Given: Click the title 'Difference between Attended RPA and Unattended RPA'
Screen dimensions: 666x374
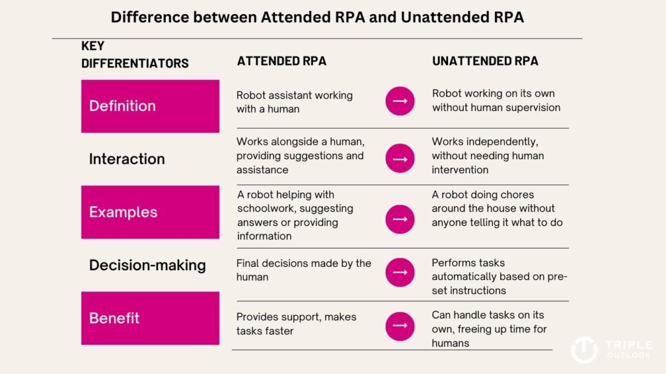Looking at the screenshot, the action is click(x=317, y=18).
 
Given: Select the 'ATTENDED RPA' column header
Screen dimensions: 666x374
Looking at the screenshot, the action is click(x=282, y=61).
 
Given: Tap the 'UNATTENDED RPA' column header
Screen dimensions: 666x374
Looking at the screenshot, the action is click(x=485, y=61).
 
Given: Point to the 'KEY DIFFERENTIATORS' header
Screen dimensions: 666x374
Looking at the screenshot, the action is click(x=135, y=55).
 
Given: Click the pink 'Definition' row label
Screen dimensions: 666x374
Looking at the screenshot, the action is click(x=150, y=106).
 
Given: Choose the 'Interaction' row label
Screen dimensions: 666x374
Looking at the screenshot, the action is click(x=127, y=159).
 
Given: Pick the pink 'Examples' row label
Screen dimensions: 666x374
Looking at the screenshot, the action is click(x=150, y=212).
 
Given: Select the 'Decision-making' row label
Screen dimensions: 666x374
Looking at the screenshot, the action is click(x=148, y=266).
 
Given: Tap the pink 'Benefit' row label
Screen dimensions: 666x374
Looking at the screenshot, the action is click(x=150, y=318).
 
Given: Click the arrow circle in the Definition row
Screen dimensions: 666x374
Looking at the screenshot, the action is click(x=400, y=101).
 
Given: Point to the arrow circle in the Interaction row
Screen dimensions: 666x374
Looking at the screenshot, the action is click(x=400, y=158).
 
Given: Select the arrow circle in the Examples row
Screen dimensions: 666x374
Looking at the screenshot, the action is click(x=400, y=219).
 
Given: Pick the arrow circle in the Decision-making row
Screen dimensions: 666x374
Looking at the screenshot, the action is click(x=400, y=272).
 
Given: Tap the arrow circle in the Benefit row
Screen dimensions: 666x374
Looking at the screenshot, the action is click(x=400, y=326).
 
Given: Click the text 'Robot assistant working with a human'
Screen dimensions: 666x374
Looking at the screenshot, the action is click(x=295, y=102).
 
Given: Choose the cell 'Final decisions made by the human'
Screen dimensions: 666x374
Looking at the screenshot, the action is click(x=304, y=270).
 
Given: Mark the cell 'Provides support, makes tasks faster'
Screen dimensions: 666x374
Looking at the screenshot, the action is click(x=296, y=324).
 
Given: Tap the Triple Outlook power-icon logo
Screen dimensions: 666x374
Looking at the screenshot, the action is click(x=585, y=350).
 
